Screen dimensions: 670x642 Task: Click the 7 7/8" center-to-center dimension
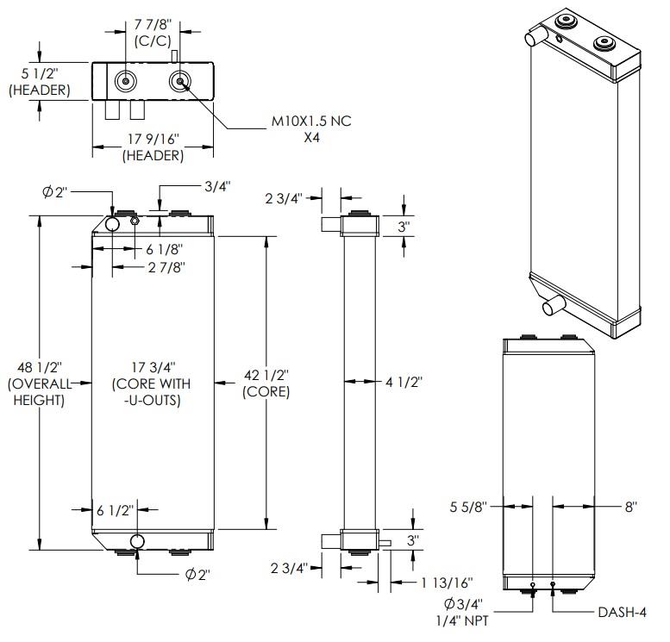pos(153,24)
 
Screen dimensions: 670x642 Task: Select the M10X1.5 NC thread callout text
pos(311,122)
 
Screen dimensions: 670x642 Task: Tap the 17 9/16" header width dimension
pos(153,140)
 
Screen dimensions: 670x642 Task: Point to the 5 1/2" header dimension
pos(40,74)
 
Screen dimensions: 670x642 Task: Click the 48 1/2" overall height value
pos(40,367)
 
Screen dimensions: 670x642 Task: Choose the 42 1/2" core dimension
pos(266,376)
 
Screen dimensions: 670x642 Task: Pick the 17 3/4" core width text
pos(153,367)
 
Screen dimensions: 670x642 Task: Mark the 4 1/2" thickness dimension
pos(404,382)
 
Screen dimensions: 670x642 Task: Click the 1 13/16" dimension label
pos(447,583)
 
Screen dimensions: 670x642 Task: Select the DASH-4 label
pos(623,613)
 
